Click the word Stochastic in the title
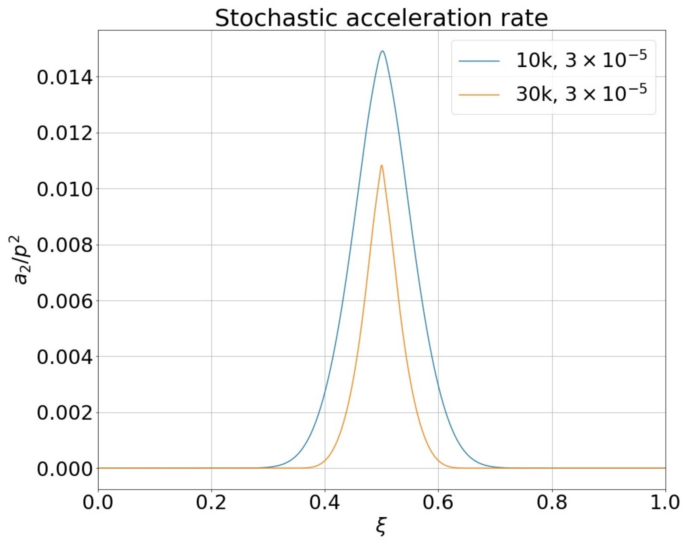pos(276,18)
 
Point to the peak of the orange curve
pos(381,165)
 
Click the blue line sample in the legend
pos(479,61)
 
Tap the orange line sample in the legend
pos(479,95)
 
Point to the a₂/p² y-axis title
pos(21,260)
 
